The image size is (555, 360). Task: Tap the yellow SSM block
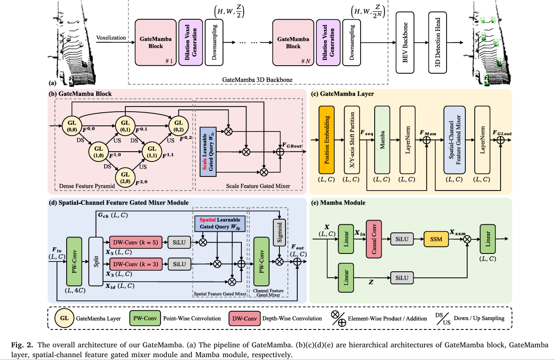click(437, 239)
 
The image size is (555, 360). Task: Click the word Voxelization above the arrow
click(111, 38)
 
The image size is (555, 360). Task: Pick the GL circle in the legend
click(64, 318)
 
